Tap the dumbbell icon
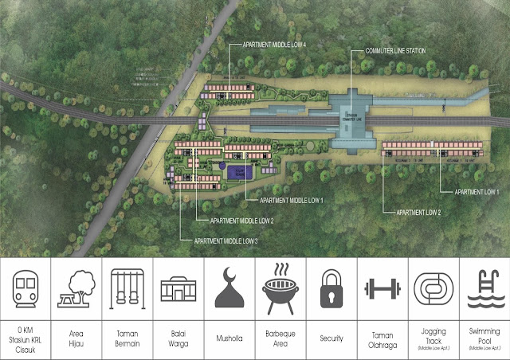click(x=382, y=288)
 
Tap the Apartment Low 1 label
click(x=477, y=192)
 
